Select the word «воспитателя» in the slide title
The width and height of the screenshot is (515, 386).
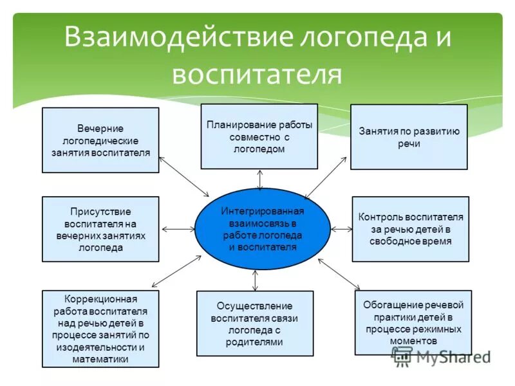click(256, 73)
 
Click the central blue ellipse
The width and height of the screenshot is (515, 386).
click(262, 229)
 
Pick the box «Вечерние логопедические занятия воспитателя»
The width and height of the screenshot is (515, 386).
click(100, 140)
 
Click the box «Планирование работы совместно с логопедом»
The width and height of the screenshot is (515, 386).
click(259, 136)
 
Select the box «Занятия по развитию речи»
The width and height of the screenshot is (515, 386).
click(409, 137)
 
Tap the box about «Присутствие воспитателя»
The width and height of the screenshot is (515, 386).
click(100, 229)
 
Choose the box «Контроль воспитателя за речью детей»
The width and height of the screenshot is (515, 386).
click(410, 229)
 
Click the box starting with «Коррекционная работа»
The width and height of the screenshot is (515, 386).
click(100, 328)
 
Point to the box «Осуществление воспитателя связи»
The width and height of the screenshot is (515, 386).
click(255, 324)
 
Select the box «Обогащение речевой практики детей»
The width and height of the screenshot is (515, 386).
click(413, 322)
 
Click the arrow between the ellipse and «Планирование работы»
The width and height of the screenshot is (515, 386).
click(259, 179)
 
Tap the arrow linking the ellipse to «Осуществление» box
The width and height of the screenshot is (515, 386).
click(256, 280)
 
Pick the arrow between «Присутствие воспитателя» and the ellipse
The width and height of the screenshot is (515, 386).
click(177, 229)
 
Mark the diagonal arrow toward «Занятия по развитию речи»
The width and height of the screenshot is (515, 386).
click(326, 178)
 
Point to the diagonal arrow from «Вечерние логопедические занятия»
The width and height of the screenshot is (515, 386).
click(184, 176)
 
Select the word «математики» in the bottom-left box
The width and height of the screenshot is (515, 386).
click(100, 359)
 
